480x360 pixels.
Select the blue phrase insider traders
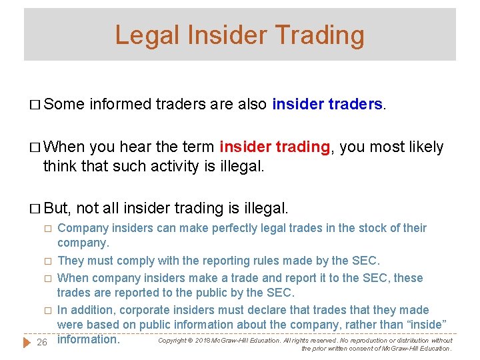(x=327, y=104)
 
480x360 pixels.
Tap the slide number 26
(x=41, y=342)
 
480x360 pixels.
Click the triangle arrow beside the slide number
(x=27, y=342)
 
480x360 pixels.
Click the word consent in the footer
(x=357, y=348)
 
